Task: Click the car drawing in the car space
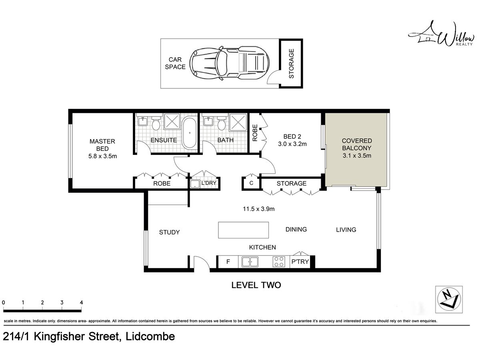(229, 63)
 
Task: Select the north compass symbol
(449, 299)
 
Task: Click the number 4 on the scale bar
(81, 302)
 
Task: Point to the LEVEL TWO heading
(256, 285)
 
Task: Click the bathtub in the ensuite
(190, 133)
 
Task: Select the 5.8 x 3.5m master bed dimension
(102, 156)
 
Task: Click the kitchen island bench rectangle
(243, 230)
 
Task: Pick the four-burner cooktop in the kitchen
(279, 262)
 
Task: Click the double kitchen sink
(250, 262)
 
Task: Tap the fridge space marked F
(228, 262)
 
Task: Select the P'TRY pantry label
(300, 262)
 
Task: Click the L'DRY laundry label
(209, 183)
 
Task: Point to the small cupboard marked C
(251, 183)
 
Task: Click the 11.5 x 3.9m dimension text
(259, 209)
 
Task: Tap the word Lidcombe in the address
(150, 336)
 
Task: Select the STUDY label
(170, 232)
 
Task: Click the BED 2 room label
(292, 136)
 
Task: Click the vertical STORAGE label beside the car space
(292, 64)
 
